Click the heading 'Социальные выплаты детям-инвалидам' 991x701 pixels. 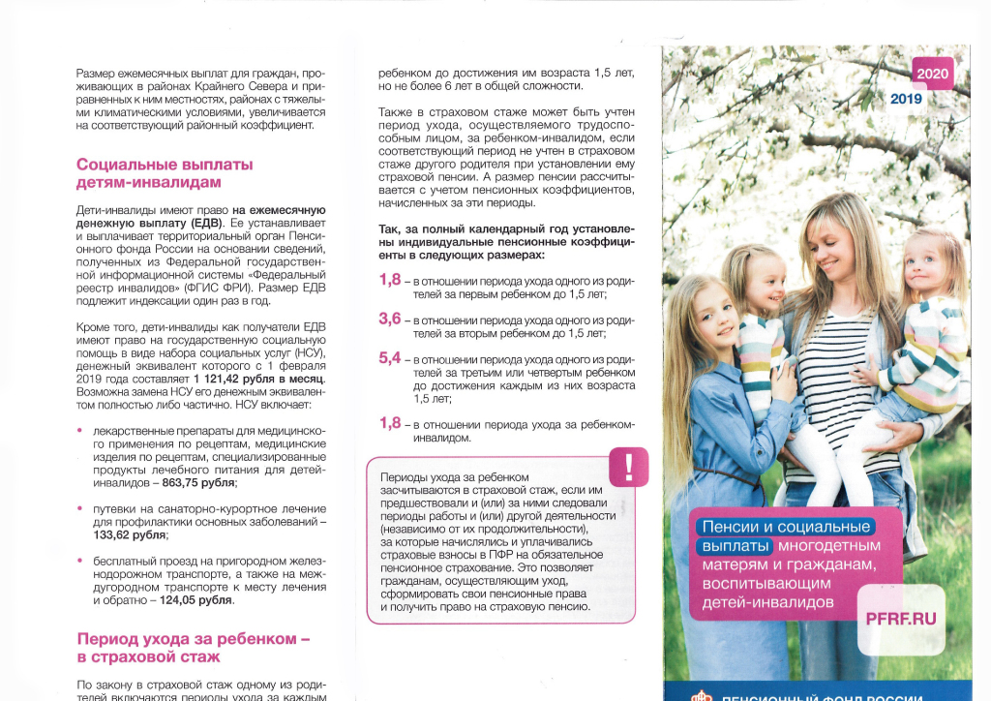point(165,172)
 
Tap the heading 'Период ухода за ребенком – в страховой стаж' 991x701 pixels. point(193,648)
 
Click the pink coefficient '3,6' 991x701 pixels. point(390,319)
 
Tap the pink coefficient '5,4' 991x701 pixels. point(390,358)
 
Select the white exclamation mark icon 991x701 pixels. point(629,467)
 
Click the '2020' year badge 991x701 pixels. point(933,74)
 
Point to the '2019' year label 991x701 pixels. point(907,99)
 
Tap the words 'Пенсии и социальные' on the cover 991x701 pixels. point(785,527)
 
